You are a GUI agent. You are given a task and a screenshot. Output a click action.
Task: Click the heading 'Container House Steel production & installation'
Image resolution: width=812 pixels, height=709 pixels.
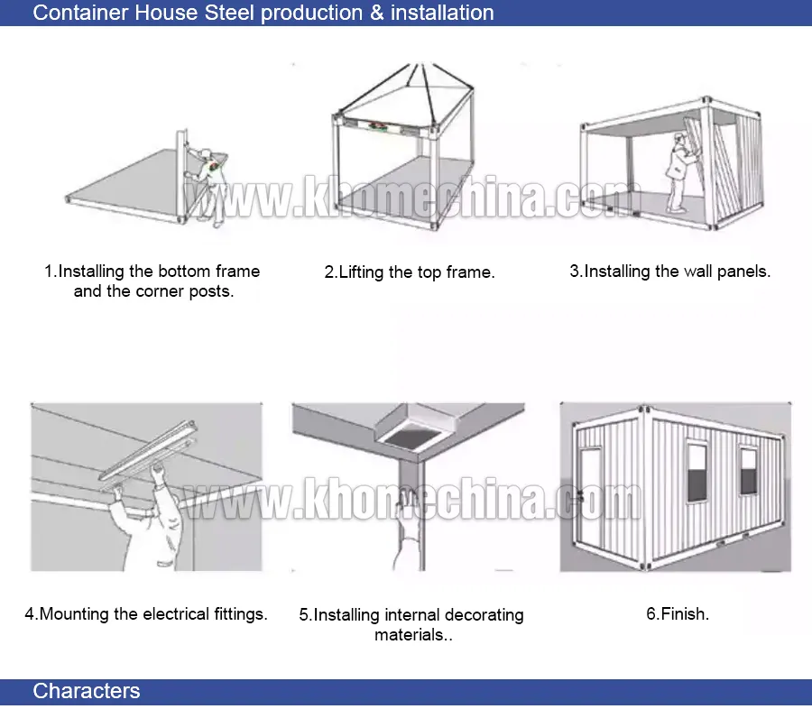point(263,13)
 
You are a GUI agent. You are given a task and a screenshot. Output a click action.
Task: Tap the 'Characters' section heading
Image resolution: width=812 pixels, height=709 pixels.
point(87,692)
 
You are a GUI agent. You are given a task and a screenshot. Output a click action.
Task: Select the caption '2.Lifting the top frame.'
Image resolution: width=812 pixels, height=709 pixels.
point(410,272)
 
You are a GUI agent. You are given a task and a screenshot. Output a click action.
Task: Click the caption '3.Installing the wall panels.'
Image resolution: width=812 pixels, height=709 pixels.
point(669,272)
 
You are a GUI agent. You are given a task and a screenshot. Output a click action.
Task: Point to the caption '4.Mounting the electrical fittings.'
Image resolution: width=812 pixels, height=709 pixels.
point(146,614)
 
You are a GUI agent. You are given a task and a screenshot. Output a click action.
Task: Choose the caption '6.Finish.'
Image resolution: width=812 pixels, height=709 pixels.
point(678,614)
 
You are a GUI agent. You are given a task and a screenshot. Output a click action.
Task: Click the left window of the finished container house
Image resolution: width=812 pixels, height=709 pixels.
point(697,470)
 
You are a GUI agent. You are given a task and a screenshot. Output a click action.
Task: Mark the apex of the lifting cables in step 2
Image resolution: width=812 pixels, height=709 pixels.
point(414,65)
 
